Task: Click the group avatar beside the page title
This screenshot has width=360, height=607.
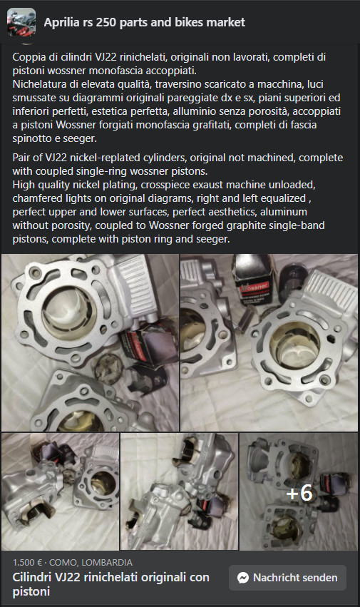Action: (21, 22)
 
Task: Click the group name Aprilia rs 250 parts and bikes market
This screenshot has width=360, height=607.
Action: (145, 22)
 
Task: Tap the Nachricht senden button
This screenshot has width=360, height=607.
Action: (287, 578)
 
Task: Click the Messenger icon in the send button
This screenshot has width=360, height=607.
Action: (242, 578)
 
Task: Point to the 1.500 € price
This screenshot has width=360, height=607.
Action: (27, 563)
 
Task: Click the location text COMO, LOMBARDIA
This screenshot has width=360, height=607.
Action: (91, 563)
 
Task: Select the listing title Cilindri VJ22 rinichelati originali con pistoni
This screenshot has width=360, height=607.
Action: (110, 584)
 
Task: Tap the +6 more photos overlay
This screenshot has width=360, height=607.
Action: (299, 493)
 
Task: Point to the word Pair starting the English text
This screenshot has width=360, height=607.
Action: (21, 158)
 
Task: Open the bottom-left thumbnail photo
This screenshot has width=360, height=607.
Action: (60, 491)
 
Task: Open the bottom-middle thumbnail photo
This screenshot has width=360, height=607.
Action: (179, 491)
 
